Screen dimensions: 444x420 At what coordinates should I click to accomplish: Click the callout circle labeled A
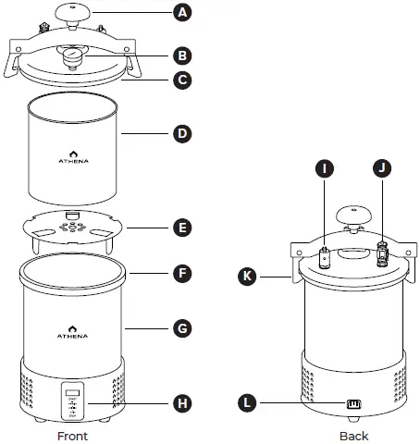184,13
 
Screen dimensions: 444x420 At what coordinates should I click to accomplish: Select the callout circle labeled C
184,80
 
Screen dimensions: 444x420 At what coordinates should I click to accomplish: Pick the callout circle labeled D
184,133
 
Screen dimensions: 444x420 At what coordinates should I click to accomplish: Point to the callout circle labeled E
184,227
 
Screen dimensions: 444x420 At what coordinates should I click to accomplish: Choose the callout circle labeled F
184,275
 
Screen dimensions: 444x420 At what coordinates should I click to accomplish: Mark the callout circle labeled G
184,327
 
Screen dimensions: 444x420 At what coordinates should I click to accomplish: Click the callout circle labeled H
184,403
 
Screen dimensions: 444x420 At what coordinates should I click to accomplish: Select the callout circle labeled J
380,168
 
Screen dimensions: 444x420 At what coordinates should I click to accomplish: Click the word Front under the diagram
73,435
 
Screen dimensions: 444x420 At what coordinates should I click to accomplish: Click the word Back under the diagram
353,435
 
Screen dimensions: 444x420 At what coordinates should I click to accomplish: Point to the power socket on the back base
352,403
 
